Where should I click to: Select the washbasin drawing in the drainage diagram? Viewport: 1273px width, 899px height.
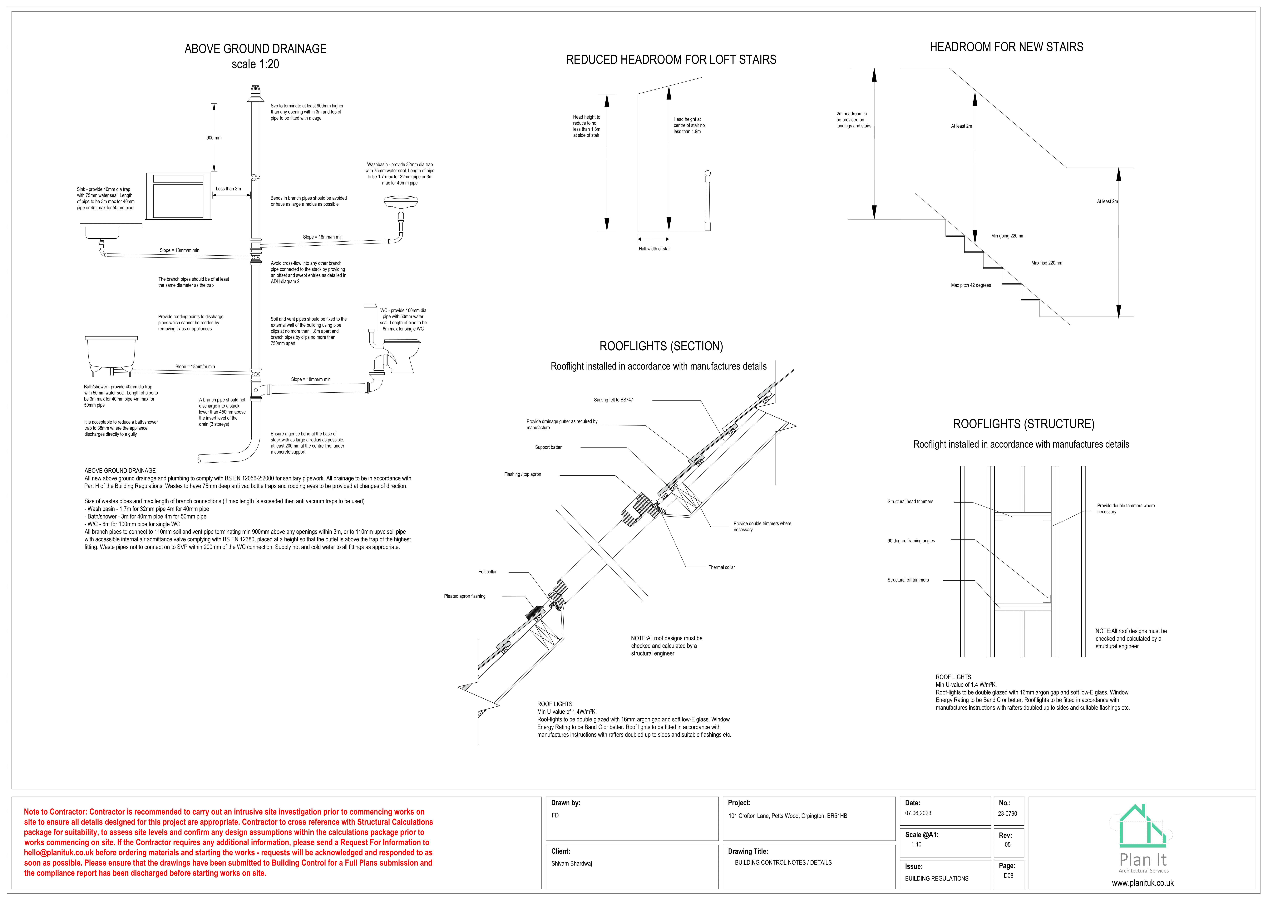coord(401,203)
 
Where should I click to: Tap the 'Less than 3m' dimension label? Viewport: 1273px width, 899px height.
coord(228,189)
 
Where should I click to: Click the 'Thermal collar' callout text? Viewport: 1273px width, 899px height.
coord(721,567)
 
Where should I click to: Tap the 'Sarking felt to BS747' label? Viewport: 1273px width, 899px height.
coord(613,400)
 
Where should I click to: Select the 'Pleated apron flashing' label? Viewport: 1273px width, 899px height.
coord(465,596)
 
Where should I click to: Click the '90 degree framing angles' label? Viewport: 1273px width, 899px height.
coord(911,541)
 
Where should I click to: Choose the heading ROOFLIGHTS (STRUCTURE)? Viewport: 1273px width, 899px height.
coord(1024,424)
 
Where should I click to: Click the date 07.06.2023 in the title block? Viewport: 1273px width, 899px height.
coord(918,814)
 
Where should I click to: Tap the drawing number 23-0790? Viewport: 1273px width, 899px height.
coord(1007,814)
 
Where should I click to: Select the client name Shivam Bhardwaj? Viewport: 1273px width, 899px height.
coord(571,863)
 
